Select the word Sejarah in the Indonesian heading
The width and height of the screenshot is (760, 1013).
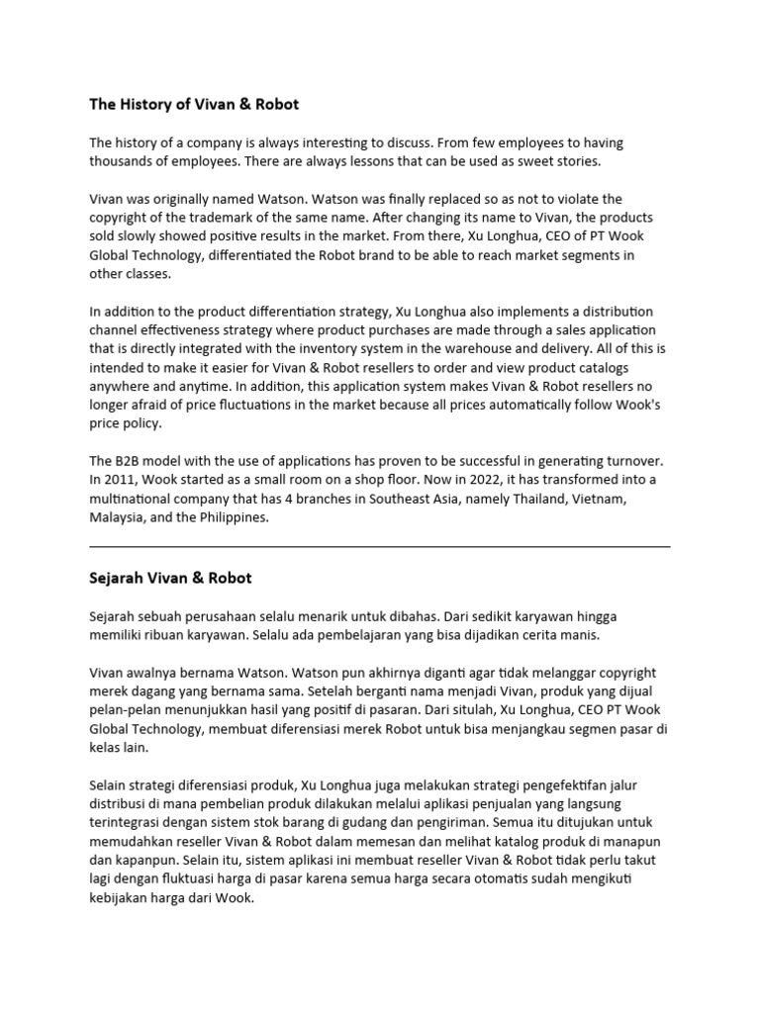point(118,577)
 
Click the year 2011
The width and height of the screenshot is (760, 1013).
point(121,480)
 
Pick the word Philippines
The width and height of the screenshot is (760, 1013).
point(233,517)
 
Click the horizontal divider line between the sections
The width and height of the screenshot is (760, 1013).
point(379,545)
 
